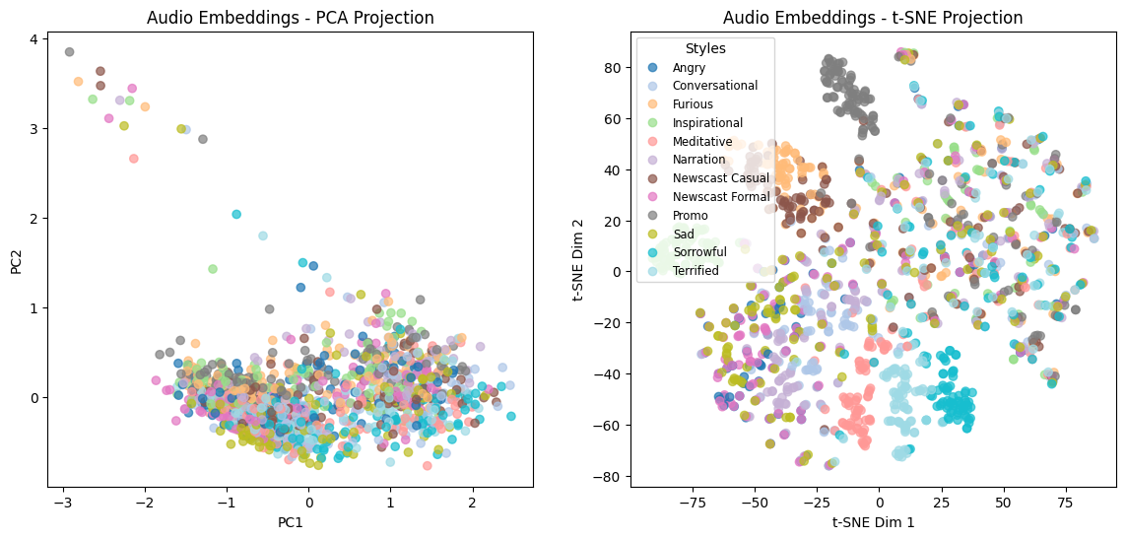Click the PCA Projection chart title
[x=290, y=18]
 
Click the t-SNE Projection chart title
[x=873, y=18]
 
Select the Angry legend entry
[x=689, y=68]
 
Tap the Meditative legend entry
[x=702, y=141]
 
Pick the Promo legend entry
[x=690, y=215]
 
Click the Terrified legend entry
[x=695, y=270]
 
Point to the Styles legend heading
[x=705, y=48]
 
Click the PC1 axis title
[x=290, y=522]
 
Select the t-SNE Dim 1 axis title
[x=873, y=522]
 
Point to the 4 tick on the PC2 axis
[x=33, y=39]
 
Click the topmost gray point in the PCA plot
[x=69, y=52]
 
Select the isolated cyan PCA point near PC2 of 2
[x=236, y=214]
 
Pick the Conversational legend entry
[x=714, y=86]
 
